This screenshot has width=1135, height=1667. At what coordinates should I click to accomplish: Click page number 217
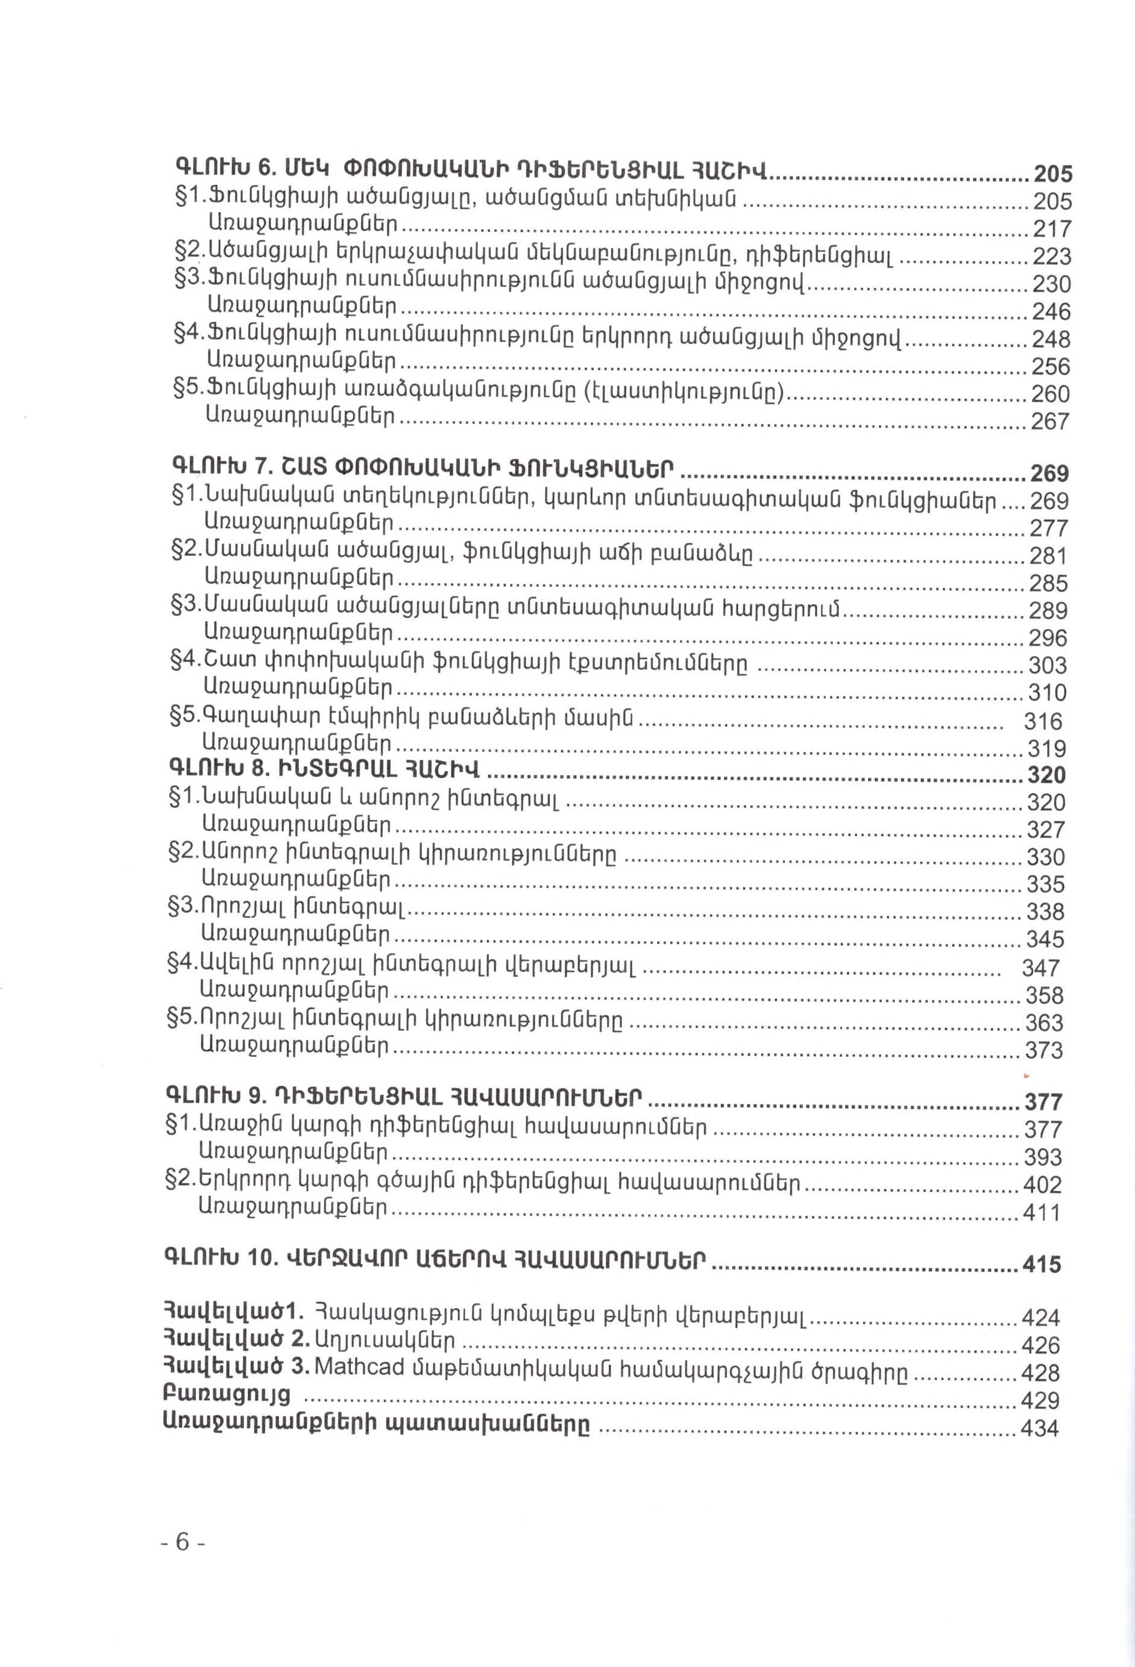(x=1051, y=228)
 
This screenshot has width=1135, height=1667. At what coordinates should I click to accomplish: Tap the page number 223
(x=1051, y=256)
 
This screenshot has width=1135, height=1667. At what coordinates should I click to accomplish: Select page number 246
(x=1051, y=311)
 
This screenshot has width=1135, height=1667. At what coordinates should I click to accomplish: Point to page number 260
(x=1049, y=394)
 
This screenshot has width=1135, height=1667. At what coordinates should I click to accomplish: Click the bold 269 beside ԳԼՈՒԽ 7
(x=1049, y=474)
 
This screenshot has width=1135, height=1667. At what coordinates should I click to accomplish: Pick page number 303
(x=1048, y=665)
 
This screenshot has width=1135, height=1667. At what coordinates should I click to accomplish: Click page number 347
(x=1040, y=968)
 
